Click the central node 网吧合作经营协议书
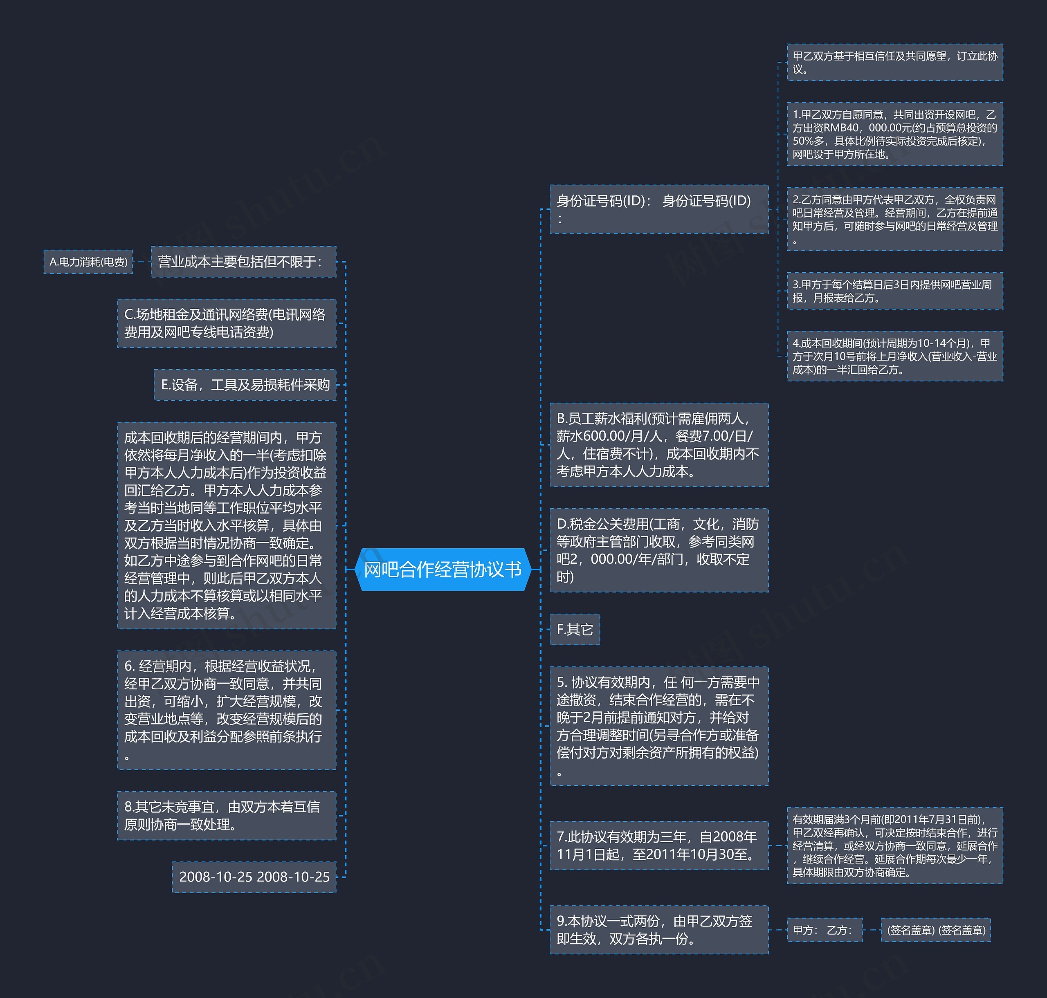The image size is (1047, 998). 443,569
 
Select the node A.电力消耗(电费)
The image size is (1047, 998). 88,262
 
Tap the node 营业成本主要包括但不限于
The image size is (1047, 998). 243,262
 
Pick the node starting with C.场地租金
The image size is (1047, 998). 226,323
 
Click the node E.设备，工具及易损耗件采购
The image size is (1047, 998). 245,385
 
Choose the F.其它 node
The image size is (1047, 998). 574,629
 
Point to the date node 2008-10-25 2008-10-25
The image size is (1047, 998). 254,877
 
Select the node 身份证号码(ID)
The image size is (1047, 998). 658,209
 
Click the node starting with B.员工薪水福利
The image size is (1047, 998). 658,445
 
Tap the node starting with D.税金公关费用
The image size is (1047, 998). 658,550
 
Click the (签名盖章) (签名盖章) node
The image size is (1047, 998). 935,930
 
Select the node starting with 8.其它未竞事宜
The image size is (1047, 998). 226,816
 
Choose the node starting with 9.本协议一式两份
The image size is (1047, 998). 658,929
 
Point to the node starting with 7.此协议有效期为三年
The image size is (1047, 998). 658,845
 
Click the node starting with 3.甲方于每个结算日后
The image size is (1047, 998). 894,291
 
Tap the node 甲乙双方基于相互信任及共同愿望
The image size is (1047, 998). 894,62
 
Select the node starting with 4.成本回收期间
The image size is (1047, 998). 894,356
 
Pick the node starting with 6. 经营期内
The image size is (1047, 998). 226,710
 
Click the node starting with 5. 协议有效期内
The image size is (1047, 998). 658,726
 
